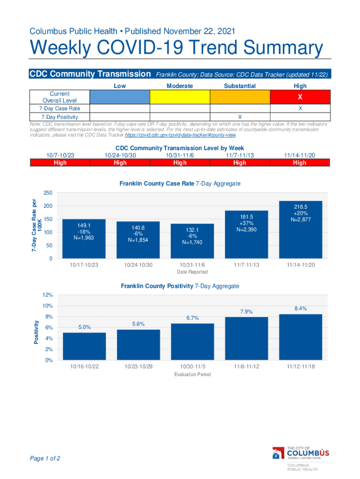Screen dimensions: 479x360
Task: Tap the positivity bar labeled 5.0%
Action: point(85,347)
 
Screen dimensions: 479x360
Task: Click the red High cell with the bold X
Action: point(300,97)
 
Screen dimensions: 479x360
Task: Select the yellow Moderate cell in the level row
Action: point(180,97)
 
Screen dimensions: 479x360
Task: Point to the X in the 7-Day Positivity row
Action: point(240,116)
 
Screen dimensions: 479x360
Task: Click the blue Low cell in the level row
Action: point(120,97)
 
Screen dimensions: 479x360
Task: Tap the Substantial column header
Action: point(240,86)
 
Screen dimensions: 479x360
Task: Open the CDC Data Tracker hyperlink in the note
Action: point(180,135)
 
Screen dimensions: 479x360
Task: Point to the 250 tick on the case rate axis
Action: point(48,193)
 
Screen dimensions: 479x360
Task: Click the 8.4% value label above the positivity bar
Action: point(301,308)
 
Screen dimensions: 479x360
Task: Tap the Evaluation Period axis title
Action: point(193,375)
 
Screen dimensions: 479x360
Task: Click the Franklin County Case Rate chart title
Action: point(180,184)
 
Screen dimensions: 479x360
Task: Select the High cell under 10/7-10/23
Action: point(60,163)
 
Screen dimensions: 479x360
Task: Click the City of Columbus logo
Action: point(301,454)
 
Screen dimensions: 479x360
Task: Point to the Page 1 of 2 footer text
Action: point(45,458)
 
